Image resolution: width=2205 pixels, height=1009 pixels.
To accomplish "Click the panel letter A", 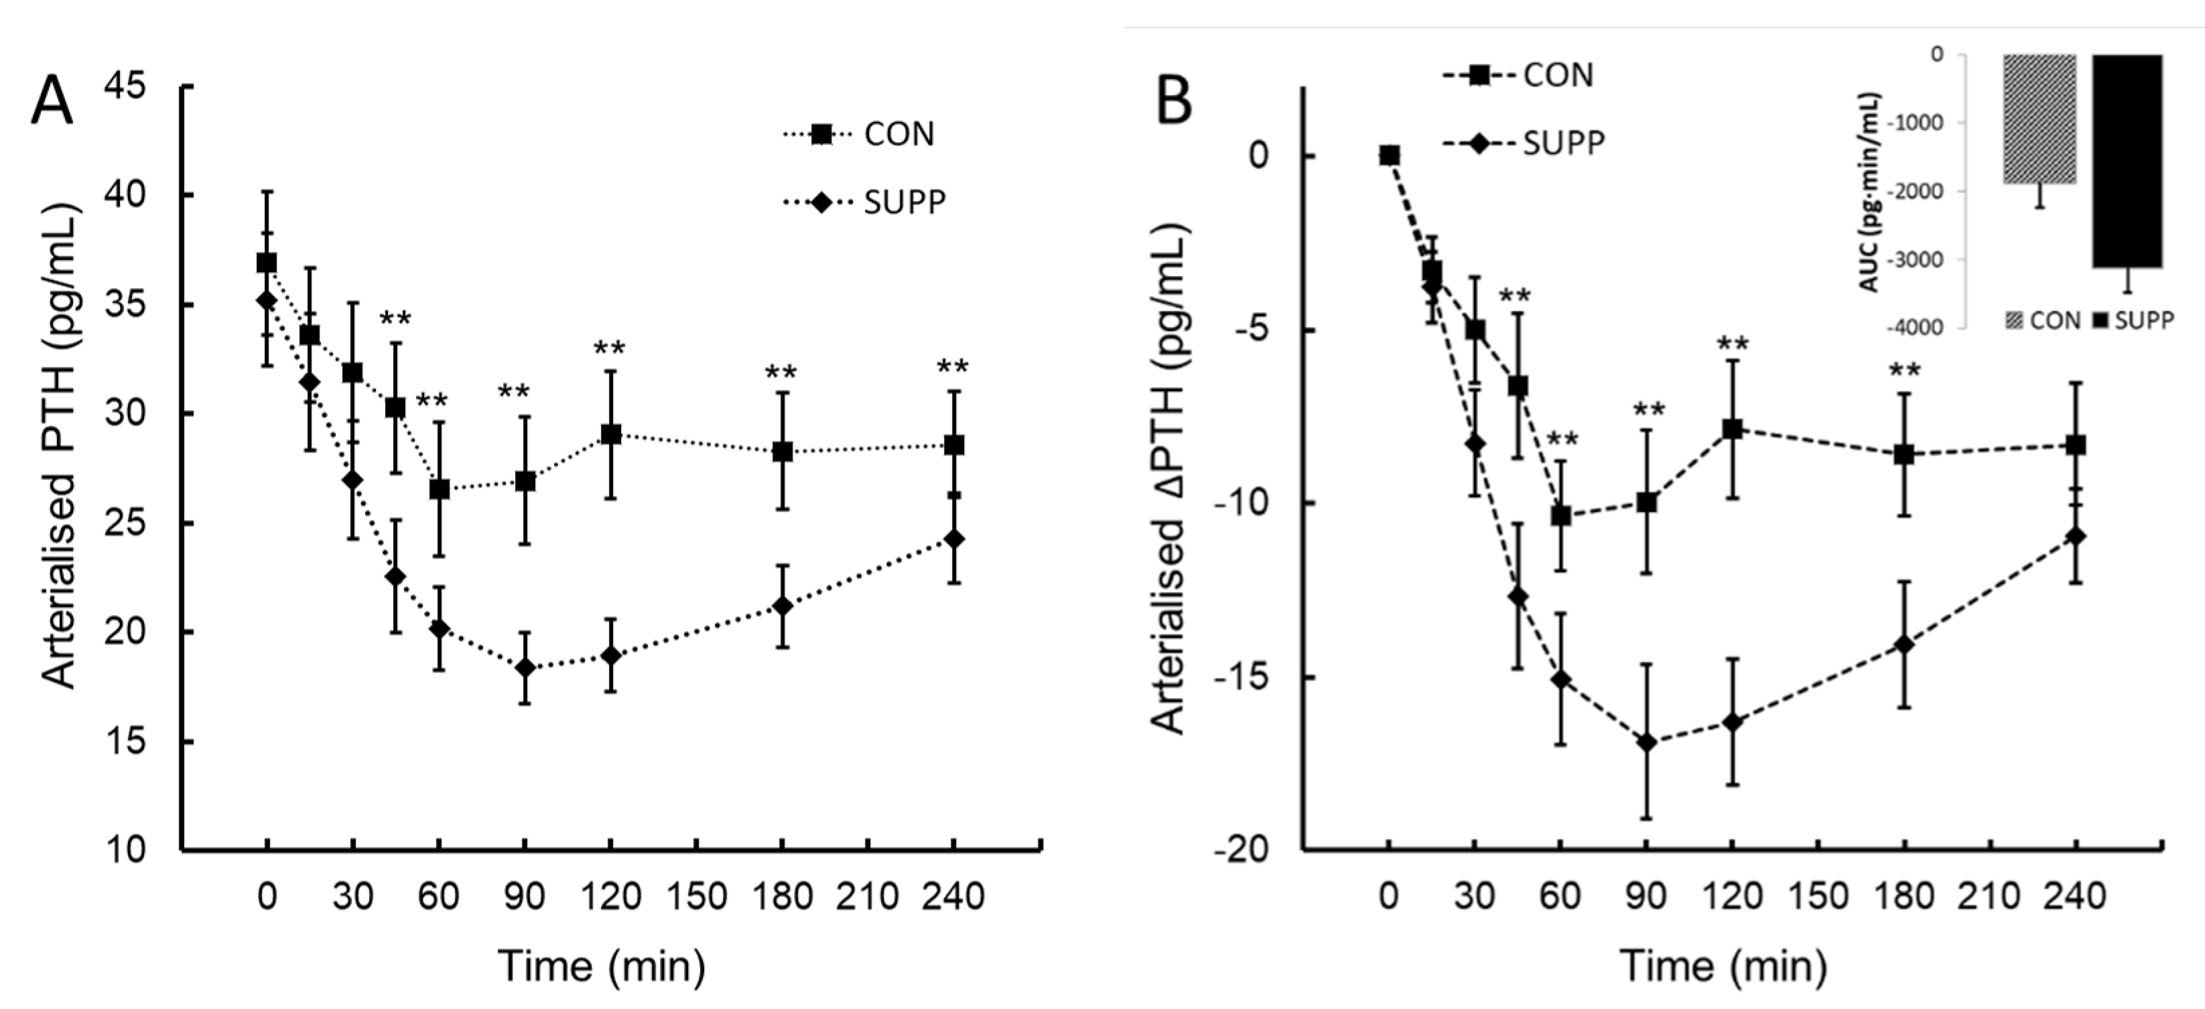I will [x=52, y=102].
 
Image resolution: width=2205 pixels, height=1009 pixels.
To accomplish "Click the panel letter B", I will [x=1175, y=102].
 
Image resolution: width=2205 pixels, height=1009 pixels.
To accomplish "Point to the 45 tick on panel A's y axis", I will [x=125, y=86].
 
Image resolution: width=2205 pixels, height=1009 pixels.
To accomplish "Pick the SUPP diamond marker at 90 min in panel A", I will [x=525, y=667].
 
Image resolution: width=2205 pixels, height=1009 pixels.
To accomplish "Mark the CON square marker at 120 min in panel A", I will [x=610, y=435].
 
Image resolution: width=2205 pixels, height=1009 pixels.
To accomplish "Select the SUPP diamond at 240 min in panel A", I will [x=953, y=539].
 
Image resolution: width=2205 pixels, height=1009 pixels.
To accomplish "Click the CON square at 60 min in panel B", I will [x=1560, y=516].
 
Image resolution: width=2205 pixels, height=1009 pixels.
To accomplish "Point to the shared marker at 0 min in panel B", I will [x=1389, y=155].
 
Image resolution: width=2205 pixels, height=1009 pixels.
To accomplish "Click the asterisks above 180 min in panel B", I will [x=1906, y=371].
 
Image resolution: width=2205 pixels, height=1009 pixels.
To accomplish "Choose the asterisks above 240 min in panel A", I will [x=953, y=368].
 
